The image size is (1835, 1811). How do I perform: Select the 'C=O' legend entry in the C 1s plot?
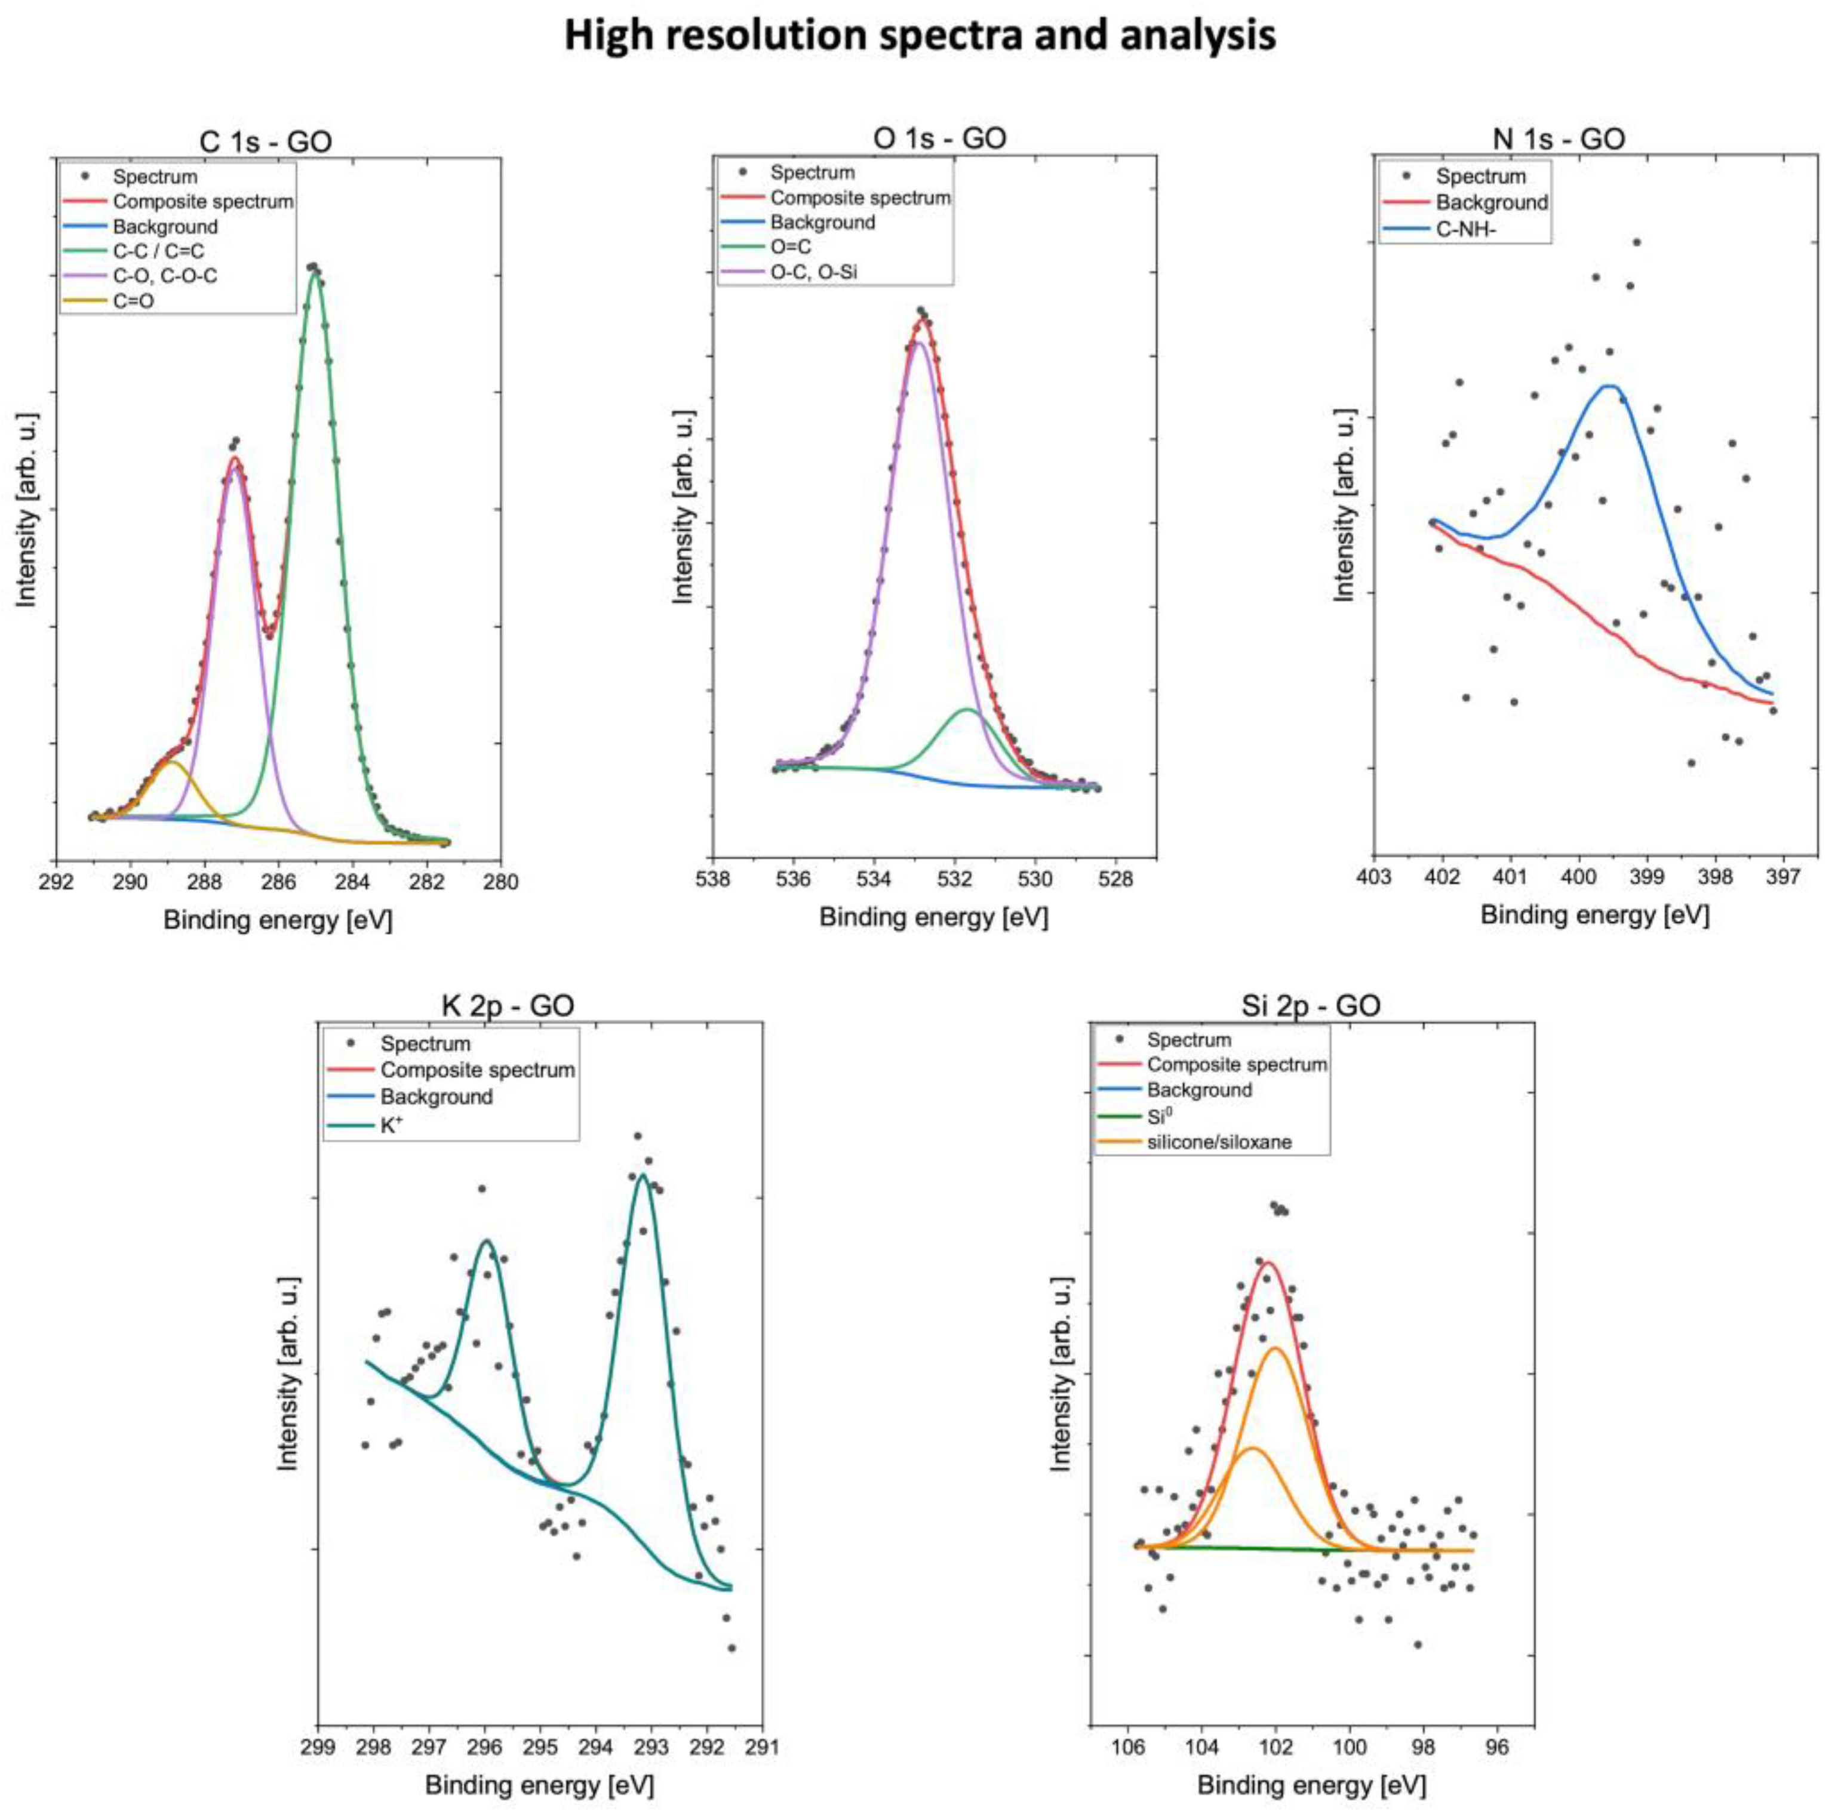point(133,301)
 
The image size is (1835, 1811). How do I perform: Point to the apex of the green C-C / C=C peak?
point(314,269)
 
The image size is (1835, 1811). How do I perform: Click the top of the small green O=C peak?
point(967,709)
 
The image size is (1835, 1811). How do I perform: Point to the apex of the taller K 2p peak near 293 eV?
point(643,1176)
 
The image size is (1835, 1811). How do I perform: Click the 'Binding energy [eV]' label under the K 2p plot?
point(539,1785)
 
